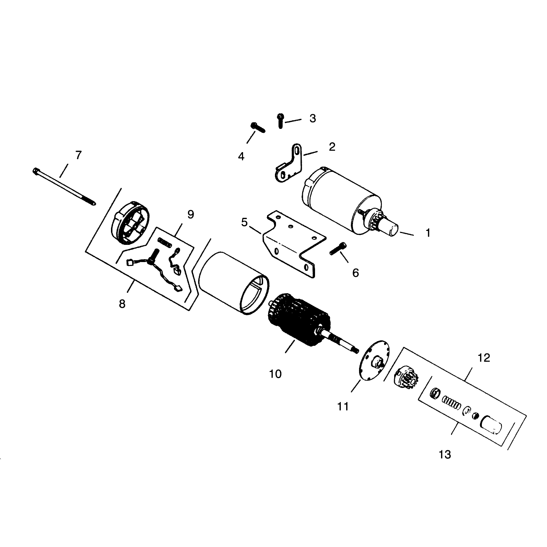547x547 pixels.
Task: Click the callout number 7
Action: tap(78, 155)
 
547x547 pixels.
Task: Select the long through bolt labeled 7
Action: tap(64, 186)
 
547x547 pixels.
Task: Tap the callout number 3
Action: tap(313, 118)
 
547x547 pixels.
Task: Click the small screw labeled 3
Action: tap(280, 120)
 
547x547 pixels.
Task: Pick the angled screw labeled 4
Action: tap(257, 127)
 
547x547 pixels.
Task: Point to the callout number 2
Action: tap(332, 147)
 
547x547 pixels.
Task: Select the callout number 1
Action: tap(428, 233)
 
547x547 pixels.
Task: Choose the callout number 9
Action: tap(190, 214)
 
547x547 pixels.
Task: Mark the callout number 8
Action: tap(122, 304)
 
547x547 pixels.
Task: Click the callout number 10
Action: tap(275, 374)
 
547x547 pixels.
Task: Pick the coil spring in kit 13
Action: tap(451, 402)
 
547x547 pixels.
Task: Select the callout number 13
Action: tap(445, 455)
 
